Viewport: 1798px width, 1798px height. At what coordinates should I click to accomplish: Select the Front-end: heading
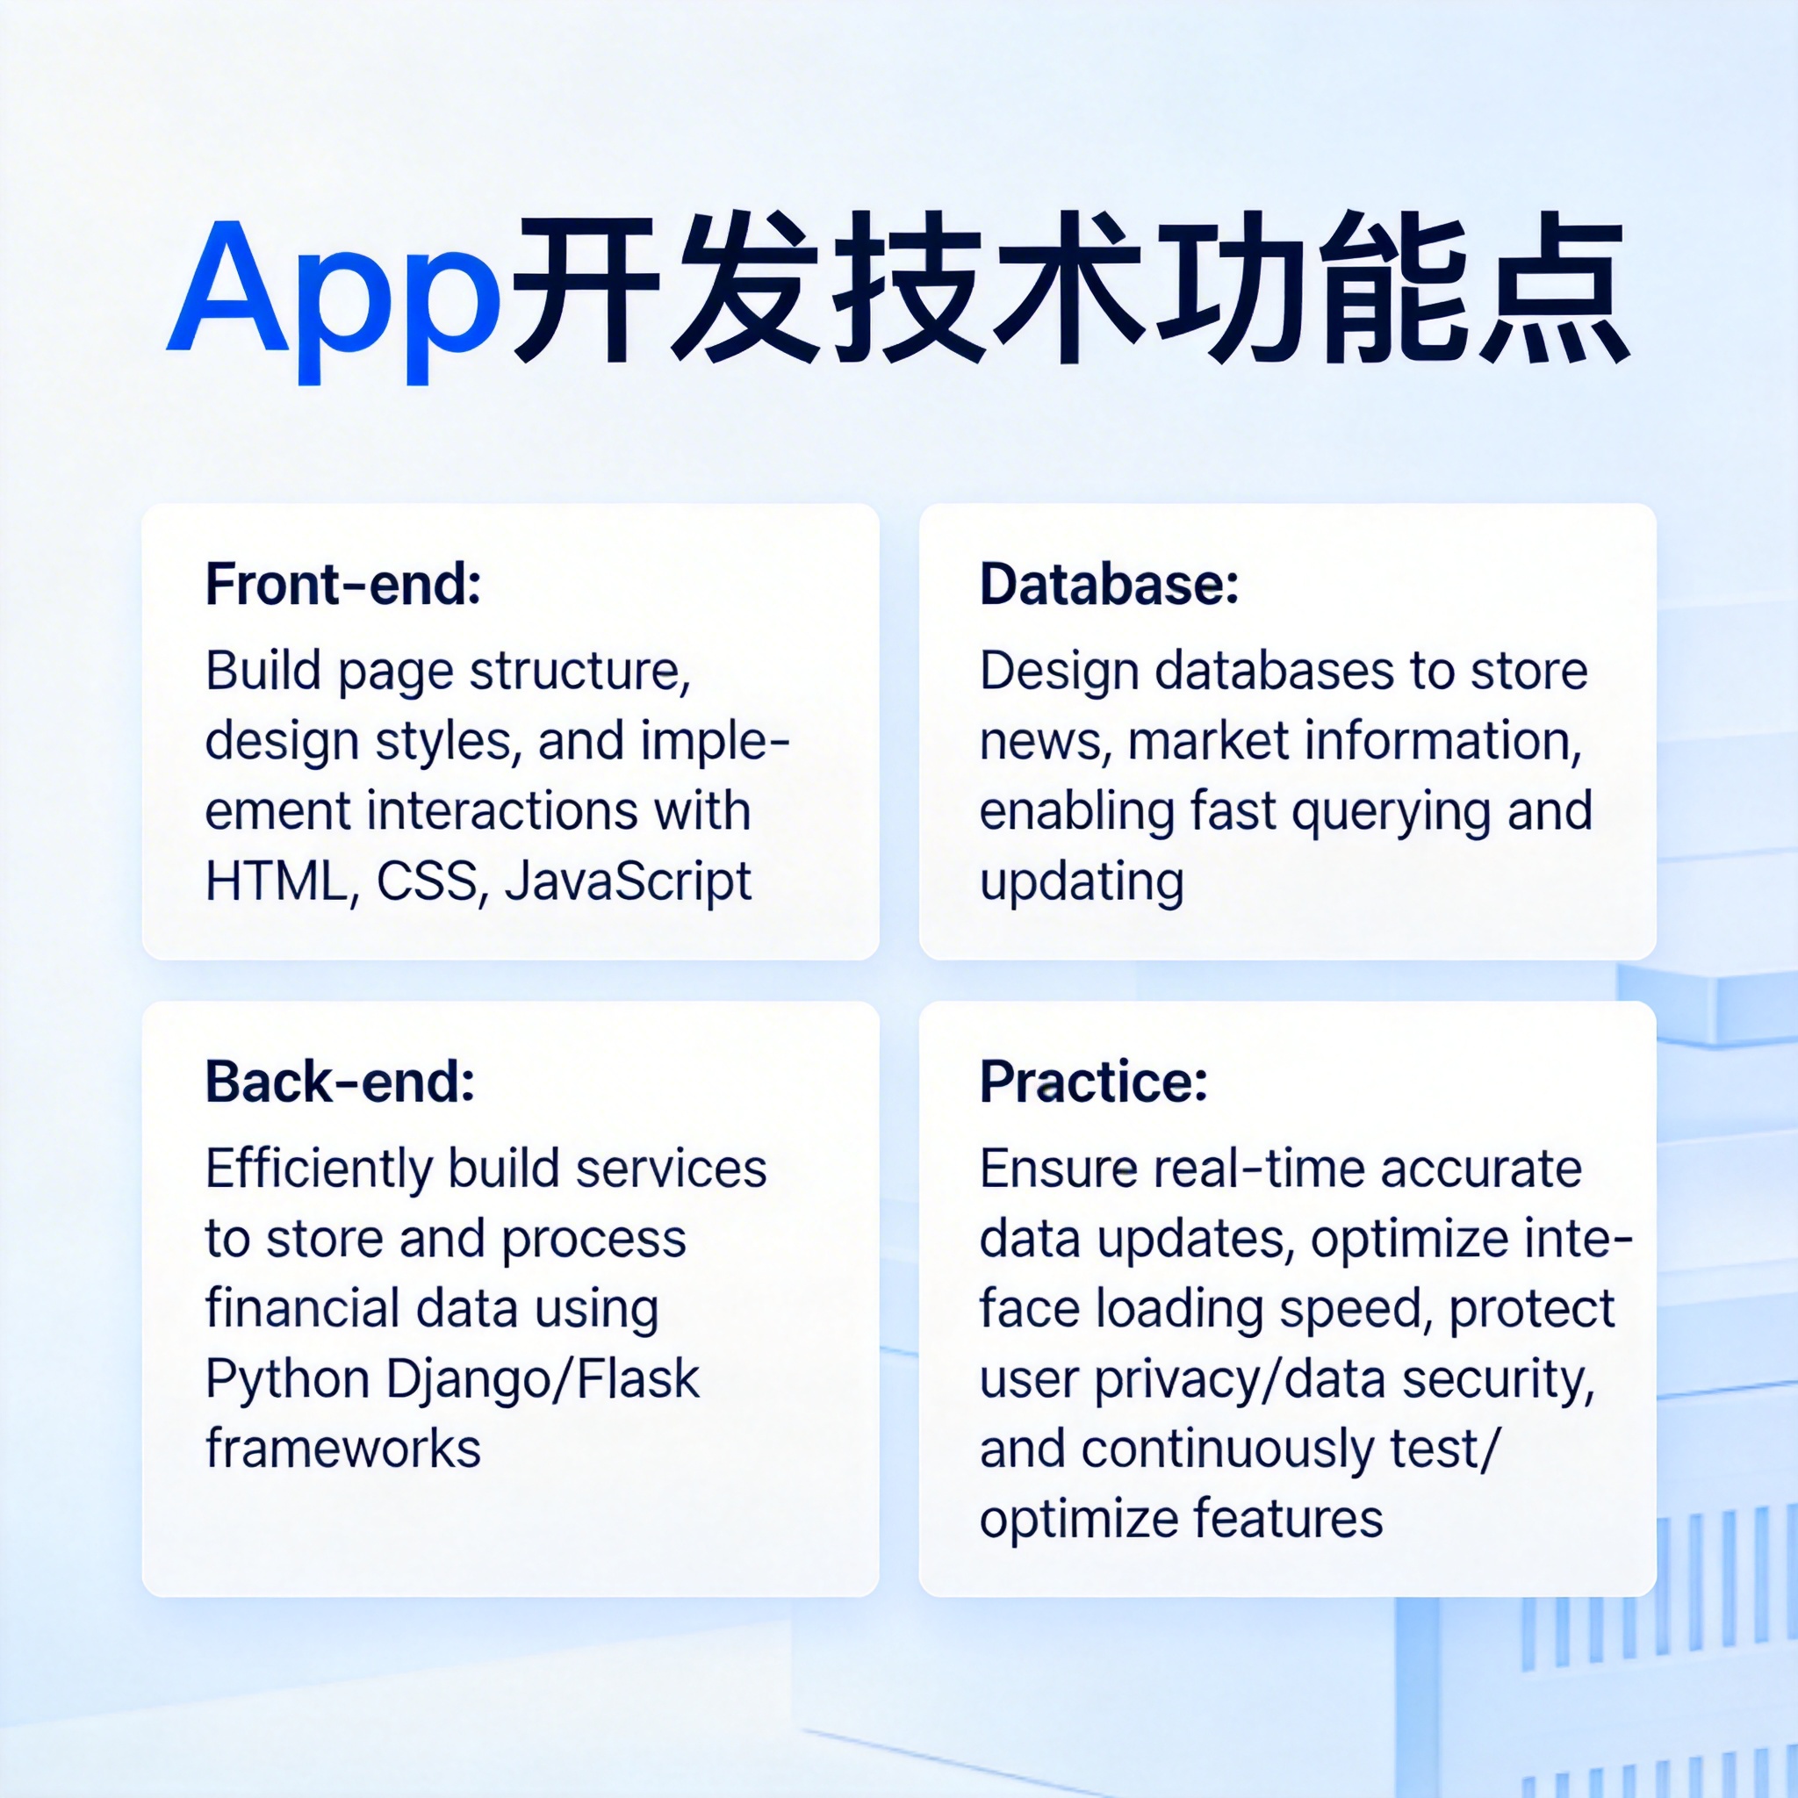coord(343,585)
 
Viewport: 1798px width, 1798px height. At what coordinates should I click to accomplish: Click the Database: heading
coord(1110,585)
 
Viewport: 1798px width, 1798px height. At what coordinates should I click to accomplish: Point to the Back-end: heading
coord(341,1082)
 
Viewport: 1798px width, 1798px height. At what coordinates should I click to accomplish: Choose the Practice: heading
coord(1094,1082)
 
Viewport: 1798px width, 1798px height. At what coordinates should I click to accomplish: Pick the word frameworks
coord(343,1448)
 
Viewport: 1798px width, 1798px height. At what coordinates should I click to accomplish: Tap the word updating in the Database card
coord(1082,882)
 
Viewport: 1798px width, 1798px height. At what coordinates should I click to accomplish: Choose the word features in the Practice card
coord(1288,1519)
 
